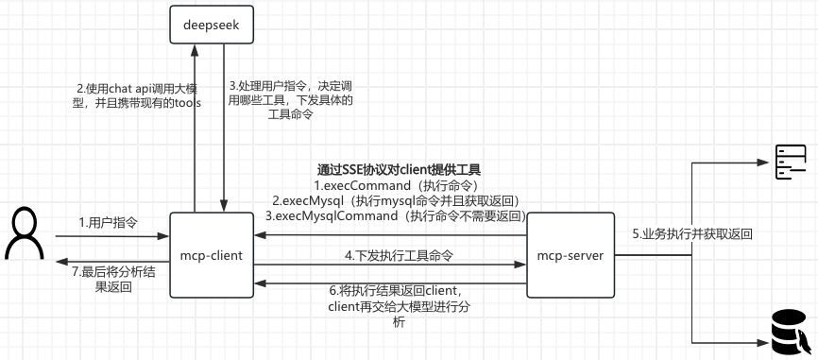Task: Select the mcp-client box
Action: coord(212,255)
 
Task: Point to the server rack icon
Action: coord(790,163)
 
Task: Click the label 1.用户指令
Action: coord(109,223)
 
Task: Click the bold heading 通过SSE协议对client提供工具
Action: coord(399,169)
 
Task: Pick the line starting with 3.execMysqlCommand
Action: coord(395,215)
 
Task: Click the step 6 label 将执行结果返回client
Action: coord(399,305)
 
